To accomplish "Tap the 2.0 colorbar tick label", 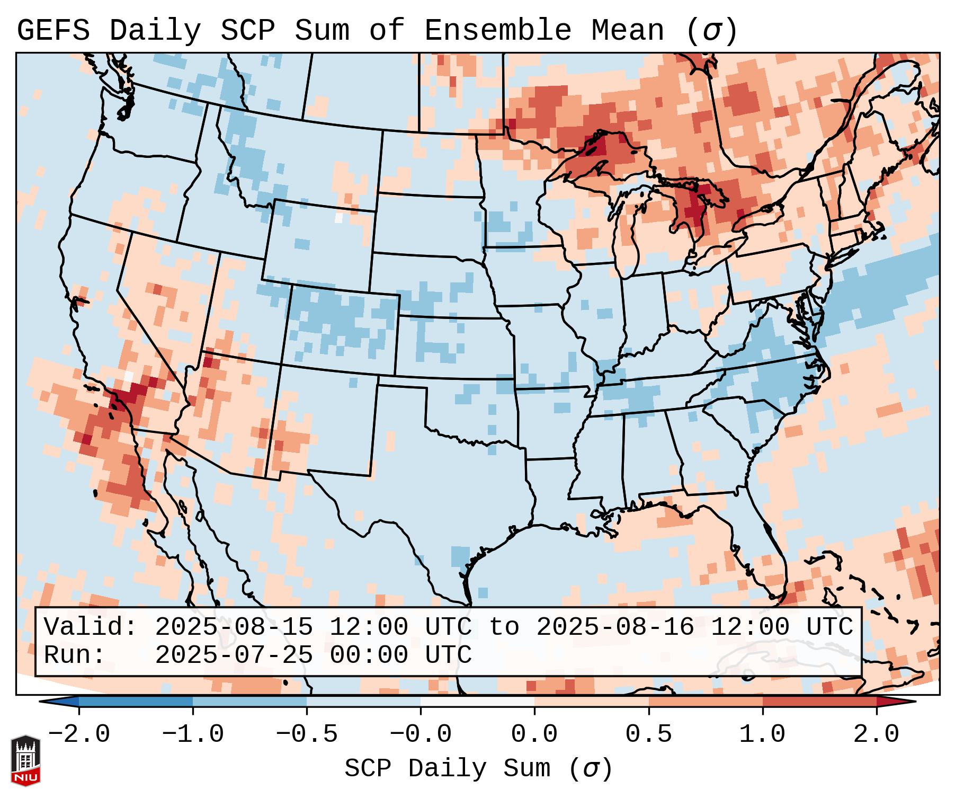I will (876, 734).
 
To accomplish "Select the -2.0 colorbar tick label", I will (79, 734).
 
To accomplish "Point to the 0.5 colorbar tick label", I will (648, 734).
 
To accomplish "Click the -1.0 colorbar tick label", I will (193, 734).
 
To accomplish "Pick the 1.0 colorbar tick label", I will (762, 734).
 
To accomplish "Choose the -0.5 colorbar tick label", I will (307, 734).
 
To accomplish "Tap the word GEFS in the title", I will (53, 31).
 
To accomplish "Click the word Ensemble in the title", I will (498, 31).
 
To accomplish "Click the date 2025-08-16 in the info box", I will (615, 627).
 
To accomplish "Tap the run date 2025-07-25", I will (234, 655).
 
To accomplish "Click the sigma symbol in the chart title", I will (711, 31).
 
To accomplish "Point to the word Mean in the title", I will (628, 31).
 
